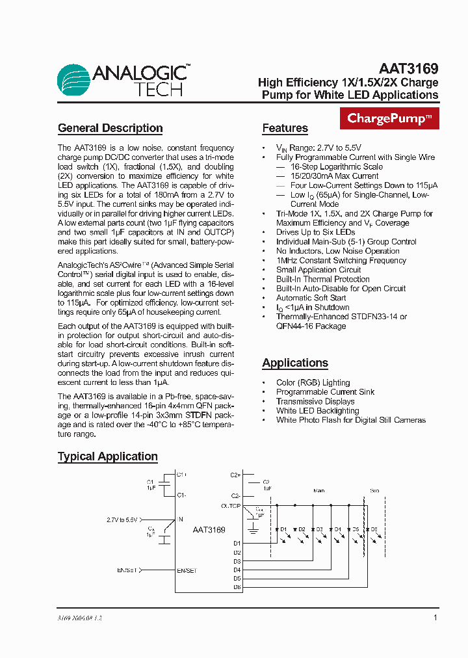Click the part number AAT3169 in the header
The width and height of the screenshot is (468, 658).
tap(408, 68)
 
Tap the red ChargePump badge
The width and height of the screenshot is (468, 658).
tap(389, 118)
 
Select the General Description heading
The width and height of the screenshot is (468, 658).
tap(110, 128)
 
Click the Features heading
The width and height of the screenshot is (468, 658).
tap(285, 128)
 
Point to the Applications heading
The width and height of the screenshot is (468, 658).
tap(295, 363)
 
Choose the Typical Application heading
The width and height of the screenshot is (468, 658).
tap(107, 456)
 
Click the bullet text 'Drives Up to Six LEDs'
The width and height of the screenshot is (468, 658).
tap(315, 232)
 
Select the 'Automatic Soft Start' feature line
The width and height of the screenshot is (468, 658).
tap(311, 298)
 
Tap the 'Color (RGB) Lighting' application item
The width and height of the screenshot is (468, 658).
tap(313, 383)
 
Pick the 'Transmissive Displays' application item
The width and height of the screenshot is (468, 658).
tap(315, 401)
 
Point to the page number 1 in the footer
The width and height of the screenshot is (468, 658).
tap(435, 618)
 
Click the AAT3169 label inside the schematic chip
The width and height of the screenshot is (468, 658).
tap(209, 530)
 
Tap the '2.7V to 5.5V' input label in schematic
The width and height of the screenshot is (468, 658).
tap(122, 520)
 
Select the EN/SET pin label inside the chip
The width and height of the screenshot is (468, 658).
tap(187, 570)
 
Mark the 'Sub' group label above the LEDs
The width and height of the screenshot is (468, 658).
tap(374, 491)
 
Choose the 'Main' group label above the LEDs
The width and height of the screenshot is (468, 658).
tap(318, 491)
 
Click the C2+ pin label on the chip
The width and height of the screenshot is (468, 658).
tap(235, 475)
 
